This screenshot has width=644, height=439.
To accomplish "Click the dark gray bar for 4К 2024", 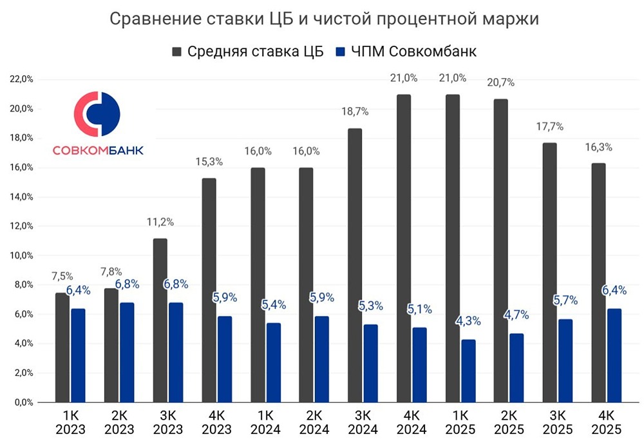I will (x=404, y=248).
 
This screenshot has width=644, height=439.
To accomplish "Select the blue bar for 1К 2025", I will (x=468, y=371).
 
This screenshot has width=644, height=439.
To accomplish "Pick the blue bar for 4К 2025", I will (x=614, y=355).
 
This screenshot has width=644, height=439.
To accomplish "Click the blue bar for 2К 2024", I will (x=322, y=359).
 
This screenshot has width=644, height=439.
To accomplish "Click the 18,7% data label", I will (x=355, y=112).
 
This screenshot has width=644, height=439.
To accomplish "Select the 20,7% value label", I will (x=501, y=83).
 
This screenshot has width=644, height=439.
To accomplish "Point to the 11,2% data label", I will (x=160, y=222).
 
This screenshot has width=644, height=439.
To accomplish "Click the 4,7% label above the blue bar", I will (x=516, y=315).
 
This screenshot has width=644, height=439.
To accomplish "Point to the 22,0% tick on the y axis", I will (x=21, y=79).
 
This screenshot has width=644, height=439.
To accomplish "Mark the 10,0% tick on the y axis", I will (x=21, y=255).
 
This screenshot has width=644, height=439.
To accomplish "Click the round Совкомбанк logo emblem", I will (x=97, y=114).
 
